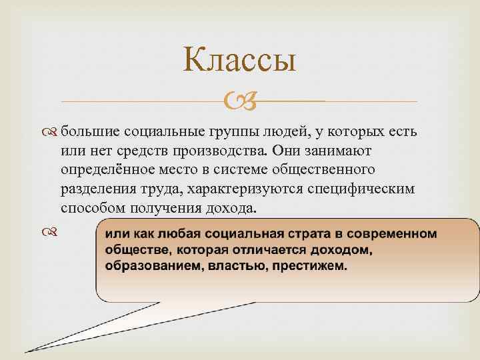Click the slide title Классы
(x=239, y=61)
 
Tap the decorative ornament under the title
(x=239, y=101)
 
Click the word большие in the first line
(x=91, y=131)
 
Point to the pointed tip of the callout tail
(x=27, y=351)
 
